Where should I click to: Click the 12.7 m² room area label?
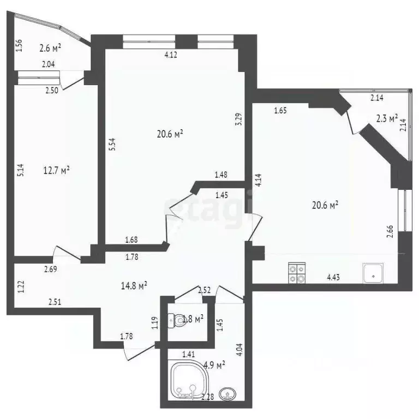[x=57, y=171]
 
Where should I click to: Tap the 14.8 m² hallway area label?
[x=134, y=285]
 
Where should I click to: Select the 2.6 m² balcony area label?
[x=50, y=48]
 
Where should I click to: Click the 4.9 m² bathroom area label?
[x=214, y=364]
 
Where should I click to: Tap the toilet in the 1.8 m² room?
[x=175, y=320]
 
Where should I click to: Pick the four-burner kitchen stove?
[x=297, y=273]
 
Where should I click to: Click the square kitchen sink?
[x=373, y=273]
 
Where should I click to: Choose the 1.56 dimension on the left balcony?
[x=20, y=46]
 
